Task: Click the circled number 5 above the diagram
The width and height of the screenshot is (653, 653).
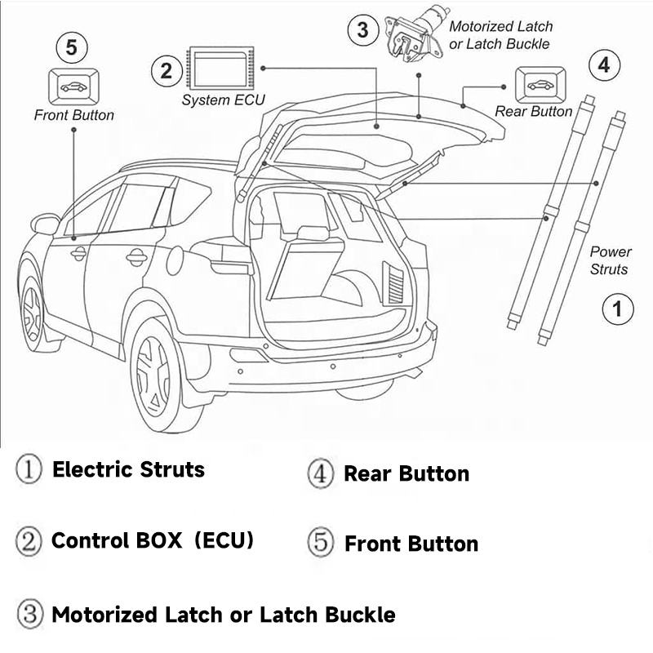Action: tap(72, 48)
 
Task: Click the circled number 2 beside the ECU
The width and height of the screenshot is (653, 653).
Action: tap(167, 71)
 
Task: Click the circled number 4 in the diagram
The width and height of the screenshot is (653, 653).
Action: tap(603, 64)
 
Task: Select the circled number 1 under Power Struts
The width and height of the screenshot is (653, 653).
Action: tap(617, 309)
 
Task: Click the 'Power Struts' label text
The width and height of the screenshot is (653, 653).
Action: tap(611, 260)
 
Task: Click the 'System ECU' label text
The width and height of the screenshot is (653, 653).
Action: tap(223, 101)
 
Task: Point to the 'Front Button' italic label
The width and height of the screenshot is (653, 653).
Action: tap(73, 115)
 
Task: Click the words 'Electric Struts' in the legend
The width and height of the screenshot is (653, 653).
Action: tap(128, 469)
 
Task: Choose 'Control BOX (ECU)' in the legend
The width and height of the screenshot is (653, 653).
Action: tap(153, 540)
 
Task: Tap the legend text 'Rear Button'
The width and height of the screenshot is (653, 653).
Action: tap(406, 473)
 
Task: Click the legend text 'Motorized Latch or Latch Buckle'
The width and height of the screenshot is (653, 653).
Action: tap(223, 615)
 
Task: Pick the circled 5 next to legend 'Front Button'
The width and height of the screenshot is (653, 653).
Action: tap(321, 543)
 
